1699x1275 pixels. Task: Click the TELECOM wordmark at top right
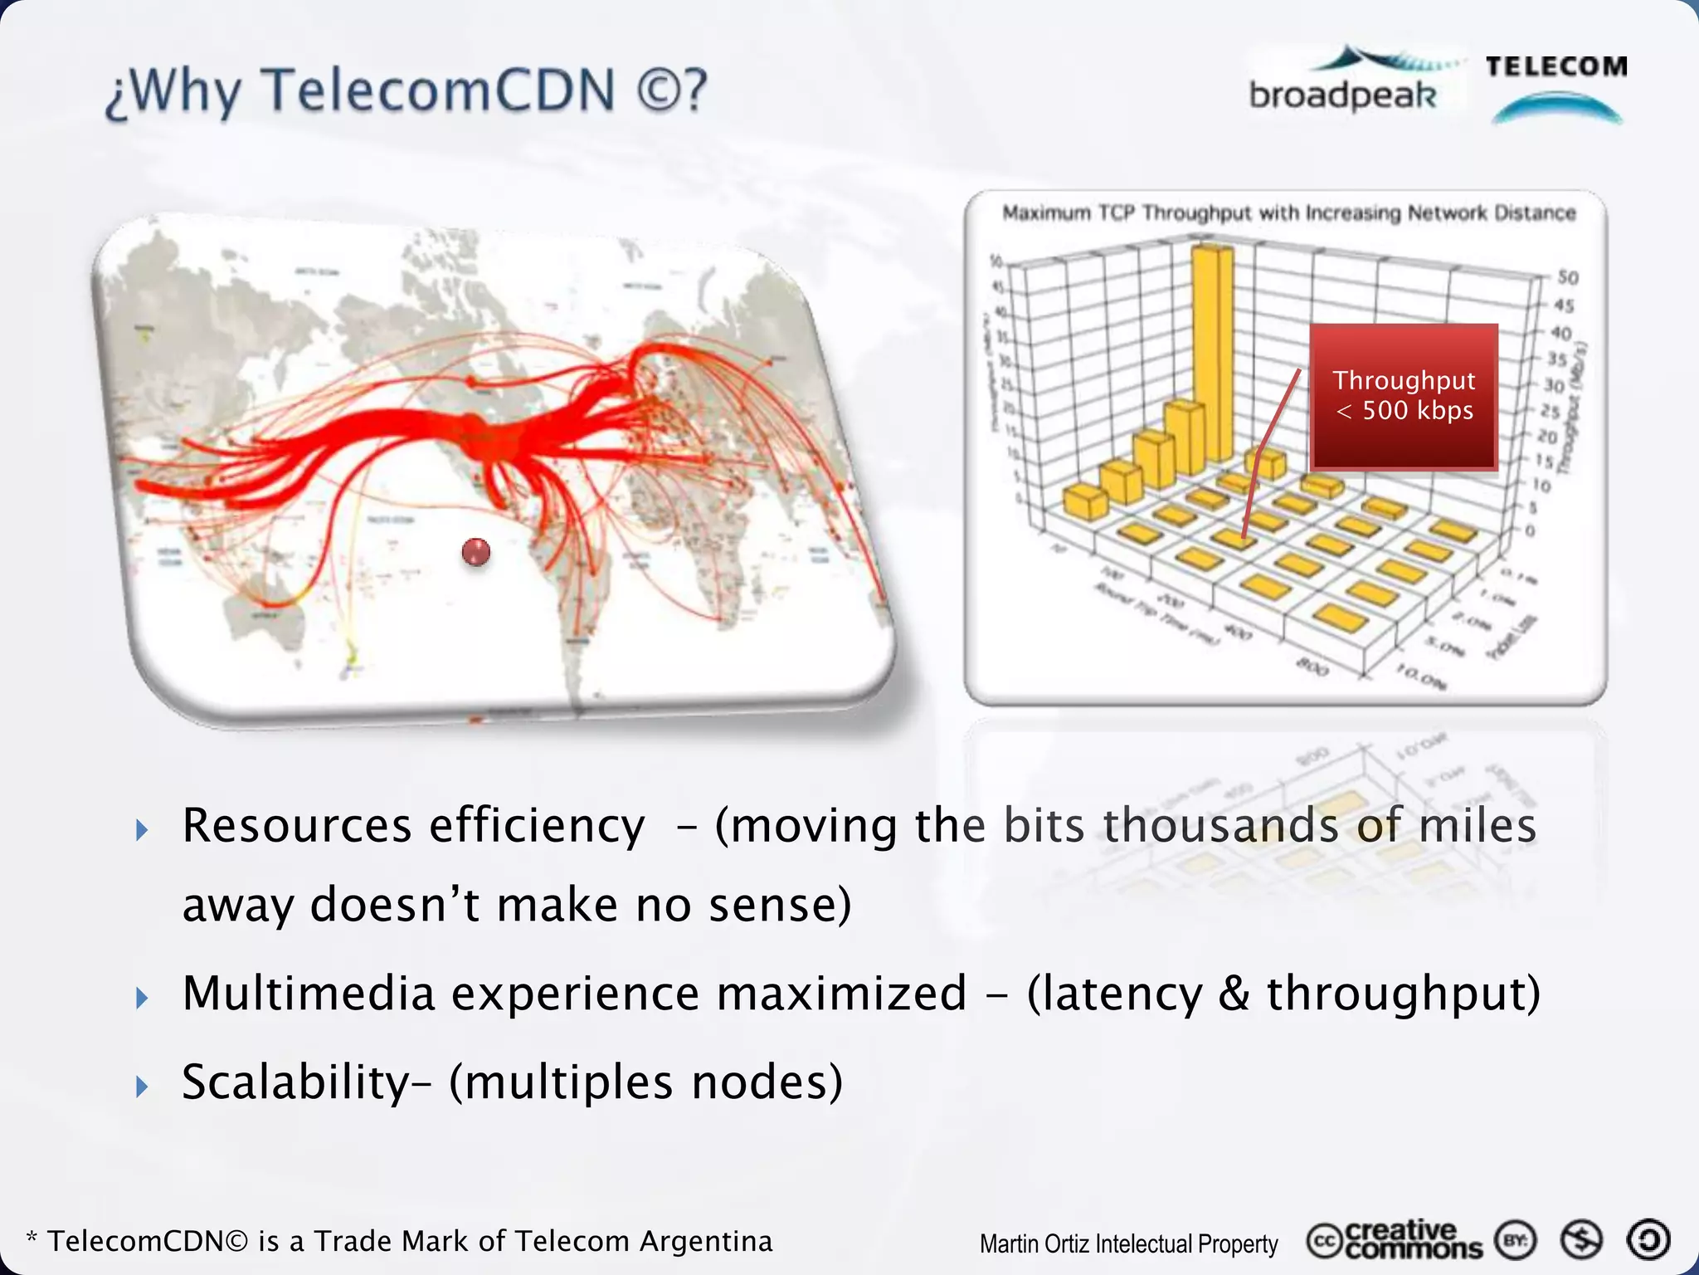pyautogui.click(x=1556, y=66)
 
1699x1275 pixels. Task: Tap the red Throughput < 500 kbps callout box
pyautogui.click(x=1404, y=397)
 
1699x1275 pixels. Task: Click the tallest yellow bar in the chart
pyautogui.click(x=1212, y=349)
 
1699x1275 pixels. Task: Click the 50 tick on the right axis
pyautogui.click(x=1567, y=277)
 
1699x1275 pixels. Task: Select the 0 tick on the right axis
pyautogui.click(x=1531, y=530)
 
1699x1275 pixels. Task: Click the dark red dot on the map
pyautogui.click(x=475, y=552)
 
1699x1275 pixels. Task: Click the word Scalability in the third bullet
pyautogui.click(x=295, y=1082)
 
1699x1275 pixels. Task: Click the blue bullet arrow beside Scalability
pyautogui.click(x=142, y=1086)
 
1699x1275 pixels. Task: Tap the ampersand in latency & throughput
pyautogui.click(x=1234, y=994)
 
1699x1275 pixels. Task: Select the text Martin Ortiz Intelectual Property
pyautogui.click(x=1128, y=1243)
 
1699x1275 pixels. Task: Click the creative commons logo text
pyautogui.click(x=1410, y=1240)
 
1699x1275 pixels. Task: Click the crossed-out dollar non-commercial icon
pyautogui.click(x=1580, y=1240)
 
